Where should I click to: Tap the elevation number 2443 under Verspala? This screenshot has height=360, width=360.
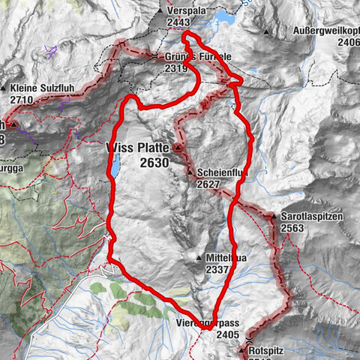tap(181, 23)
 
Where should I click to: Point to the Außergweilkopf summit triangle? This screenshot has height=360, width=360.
tap(265, 32)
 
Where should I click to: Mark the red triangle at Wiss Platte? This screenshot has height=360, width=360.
tap(177, 148)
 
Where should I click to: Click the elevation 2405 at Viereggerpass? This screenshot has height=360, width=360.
tap(229, 335)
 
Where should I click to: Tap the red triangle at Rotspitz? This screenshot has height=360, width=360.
tap(241, 350)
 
